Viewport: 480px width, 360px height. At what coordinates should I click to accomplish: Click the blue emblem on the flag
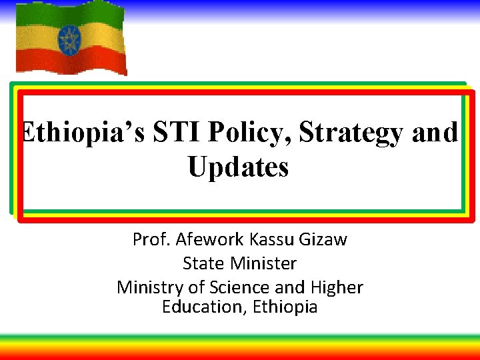pos(69,42)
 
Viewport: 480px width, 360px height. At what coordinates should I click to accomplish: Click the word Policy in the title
pos(249,133)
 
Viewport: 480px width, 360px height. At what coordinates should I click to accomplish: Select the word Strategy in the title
pos(353,133)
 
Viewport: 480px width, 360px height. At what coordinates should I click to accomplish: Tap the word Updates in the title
pos(238,167)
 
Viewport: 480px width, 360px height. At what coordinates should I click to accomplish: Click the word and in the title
pos(435,133)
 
